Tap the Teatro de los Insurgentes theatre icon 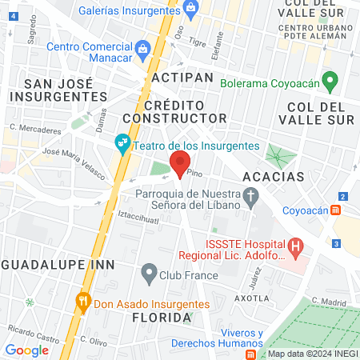(122, 145)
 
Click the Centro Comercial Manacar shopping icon (142, 50)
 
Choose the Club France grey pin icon (148, 274)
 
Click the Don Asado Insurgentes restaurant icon (82, 302)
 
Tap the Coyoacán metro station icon (338, 211)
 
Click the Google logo (26, 350)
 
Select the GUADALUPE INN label (57, 264)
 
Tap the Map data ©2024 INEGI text (311, 353)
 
